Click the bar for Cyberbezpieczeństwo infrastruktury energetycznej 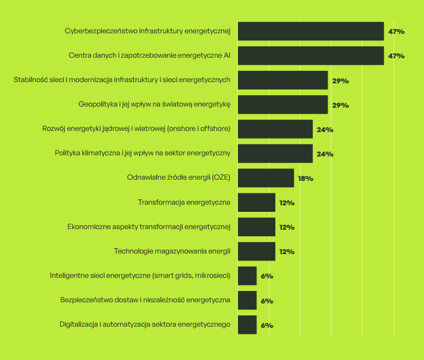tap(310, 31)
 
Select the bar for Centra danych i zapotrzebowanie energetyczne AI tap(310, 55)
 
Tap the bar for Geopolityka tap(282, 105)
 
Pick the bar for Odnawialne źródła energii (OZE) tap(266, 178)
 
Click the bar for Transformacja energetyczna tap(256, 202)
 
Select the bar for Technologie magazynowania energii tap(256, 251)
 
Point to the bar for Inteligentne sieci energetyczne tap(247, 276)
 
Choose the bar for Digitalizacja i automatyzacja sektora tap(247, 325)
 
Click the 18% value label tap(305, 179)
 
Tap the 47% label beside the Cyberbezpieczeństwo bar tap(397, 31)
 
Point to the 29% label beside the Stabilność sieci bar tap(340, 80)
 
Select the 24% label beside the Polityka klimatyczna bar tap(325, 154)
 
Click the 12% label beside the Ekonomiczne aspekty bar tap(287, 227)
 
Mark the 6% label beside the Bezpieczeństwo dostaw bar tap(266, 300)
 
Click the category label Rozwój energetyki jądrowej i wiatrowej tap(136, 129)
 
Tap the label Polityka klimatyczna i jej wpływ tap(142, 153)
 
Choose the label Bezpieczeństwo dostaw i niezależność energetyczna tap(145, 300)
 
